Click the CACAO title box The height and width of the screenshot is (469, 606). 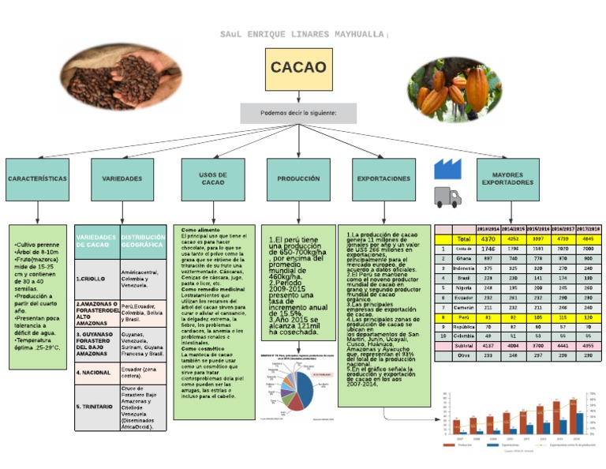[298, 68]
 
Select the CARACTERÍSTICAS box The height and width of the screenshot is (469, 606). [37, 179]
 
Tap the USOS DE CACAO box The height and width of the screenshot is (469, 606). [212, 179]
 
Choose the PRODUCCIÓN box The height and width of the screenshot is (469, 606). [298, 179]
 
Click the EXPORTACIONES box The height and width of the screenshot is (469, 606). [383, 179]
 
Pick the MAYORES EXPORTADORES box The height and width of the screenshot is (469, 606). [513, 179]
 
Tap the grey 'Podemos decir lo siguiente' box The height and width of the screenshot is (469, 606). [298, 113]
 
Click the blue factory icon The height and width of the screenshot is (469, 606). [447, 168]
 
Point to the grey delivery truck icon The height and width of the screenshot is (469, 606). [447, 197]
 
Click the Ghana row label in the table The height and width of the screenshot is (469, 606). [463, 258]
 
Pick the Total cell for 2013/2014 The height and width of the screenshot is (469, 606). [488, 238]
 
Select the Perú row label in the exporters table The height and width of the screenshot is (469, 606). [463, 316]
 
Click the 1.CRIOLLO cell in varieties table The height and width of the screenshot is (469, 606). [96, 279]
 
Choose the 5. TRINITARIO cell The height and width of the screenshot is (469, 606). [96, 406]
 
